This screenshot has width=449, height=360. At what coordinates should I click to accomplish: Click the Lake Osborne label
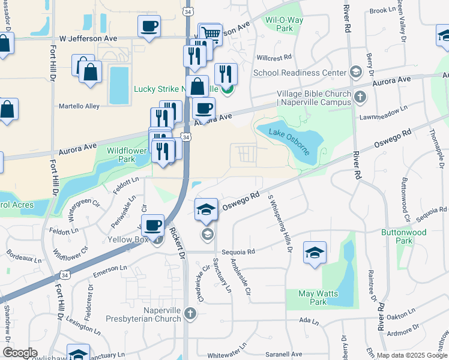tap(289, 141)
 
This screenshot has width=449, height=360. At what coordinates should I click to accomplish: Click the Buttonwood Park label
tap(403, 236)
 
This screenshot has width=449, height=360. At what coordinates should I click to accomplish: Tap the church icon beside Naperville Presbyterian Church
tap(190, 313)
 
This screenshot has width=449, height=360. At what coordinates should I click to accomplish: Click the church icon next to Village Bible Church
tap(360, 97)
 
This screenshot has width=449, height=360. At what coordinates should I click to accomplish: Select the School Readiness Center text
tap(300, 73)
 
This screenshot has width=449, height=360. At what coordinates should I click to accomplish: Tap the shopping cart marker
tap(209, 34)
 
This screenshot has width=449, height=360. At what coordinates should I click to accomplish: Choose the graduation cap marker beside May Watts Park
tap(315, 253)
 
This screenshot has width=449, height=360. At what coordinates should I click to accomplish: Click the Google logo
tap(20, 353)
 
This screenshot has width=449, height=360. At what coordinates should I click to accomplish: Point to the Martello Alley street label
tap(79, 106)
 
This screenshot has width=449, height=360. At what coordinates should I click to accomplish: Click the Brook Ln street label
tap(382, 10)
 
